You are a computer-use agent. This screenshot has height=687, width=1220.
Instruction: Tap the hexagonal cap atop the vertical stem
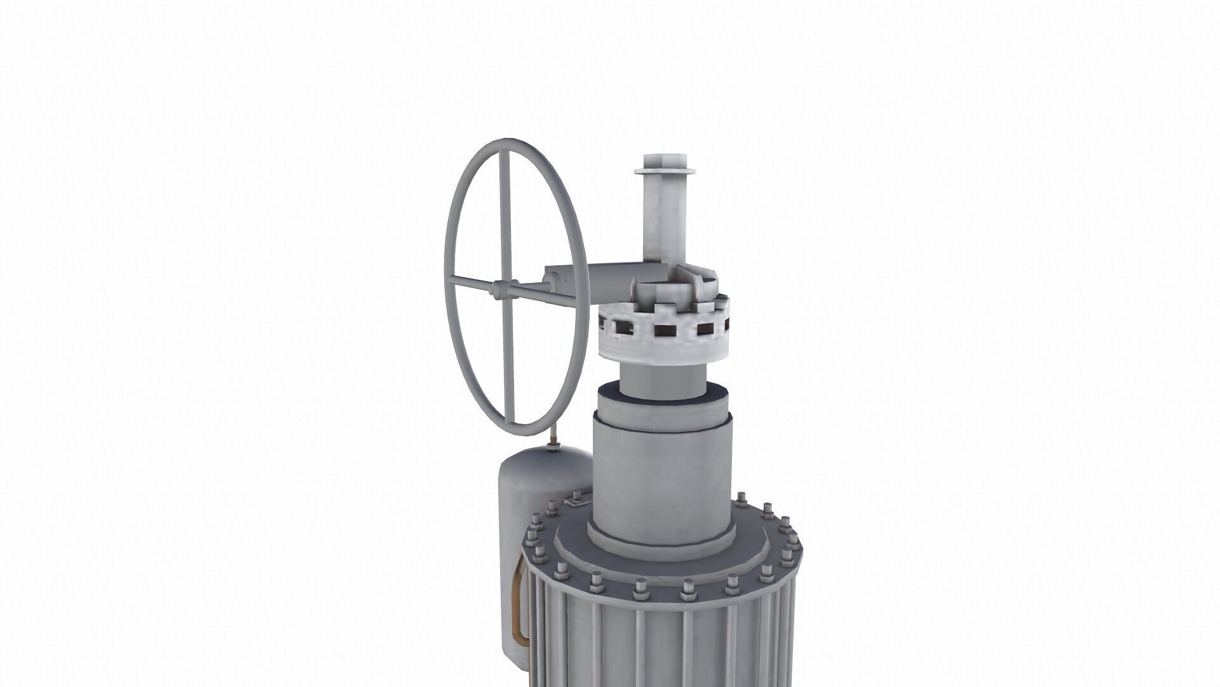pos(664,160)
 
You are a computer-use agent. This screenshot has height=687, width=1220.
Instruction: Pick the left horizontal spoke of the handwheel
pos(470,284)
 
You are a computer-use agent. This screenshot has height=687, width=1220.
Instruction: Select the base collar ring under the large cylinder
pos(661,538)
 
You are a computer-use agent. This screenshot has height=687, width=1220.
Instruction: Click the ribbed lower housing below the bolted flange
pos(661,636)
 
